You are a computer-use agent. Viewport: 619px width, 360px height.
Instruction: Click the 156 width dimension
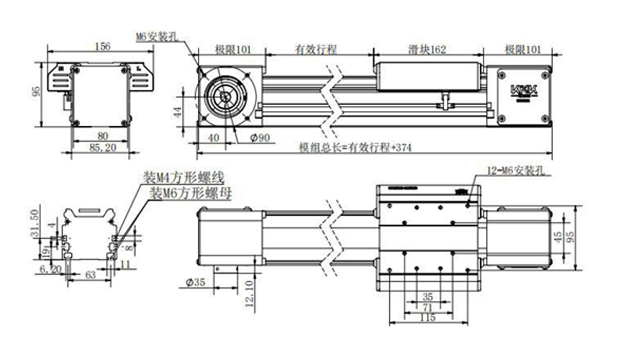click(x=102, y=46)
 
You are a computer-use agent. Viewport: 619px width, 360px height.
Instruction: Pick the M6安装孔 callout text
click(x=157, y=37)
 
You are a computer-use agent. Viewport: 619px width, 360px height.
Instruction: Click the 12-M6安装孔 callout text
click(x=516, y=171)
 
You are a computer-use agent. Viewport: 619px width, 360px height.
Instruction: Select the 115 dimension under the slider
click(x=427, y=317)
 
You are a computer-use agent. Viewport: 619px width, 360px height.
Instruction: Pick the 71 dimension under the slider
click(x=428, y=307)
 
